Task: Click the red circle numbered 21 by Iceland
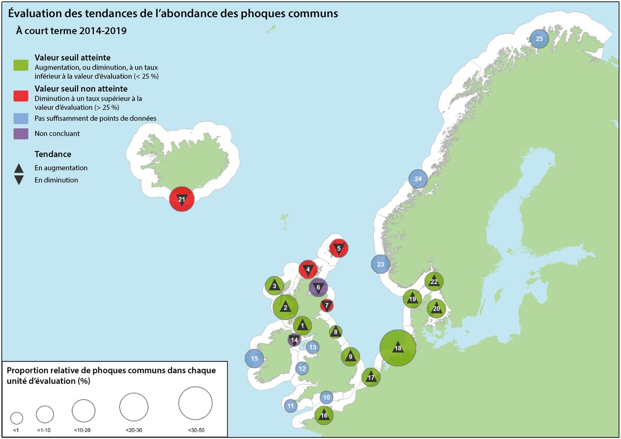pos(182,200)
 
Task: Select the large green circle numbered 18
pos(398,348)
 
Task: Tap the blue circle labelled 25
pos(539,39)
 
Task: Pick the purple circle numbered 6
pos(318,288)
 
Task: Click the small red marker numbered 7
pos(327,305)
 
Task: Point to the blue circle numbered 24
pos(418,179)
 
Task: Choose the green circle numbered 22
pos(434,281)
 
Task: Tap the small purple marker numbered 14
pos(294,340)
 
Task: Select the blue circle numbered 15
pos(255,359)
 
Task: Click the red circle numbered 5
pos(339,248)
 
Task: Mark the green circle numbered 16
pos(324,416)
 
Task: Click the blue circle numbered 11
pos(290,406)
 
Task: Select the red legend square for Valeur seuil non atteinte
pos(21,96)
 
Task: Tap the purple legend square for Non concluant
pos(21,133)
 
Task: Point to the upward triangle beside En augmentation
pos(19,168)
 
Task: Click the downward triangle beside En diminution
pos(19,180)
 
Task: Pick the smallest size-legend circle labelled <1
pos(16,417)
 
